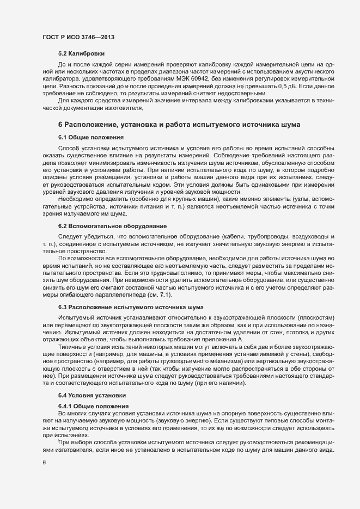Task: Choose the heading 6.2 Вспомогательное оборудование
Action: click(x=109, y=225)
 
